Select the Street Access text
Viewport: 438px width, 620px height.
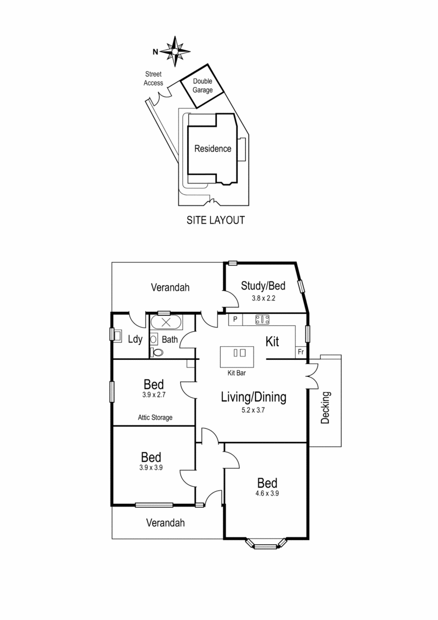153,79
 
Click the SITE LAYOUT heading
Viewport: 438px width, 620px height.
215,221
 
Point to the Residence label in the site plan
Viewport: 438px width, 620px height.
213,148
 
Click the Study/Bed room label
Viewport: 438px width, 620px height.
263,285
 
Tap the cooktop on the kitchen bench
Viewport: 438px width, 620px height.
263,319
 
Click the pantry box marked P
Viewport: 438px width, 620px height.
235,319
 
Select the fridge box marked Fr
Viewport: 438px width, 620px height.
301,352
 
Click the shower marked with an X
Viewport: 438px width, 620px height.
164,322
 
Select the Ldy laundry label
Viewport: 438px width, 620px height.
135,340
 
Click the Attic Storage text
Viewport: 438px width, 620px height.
155,417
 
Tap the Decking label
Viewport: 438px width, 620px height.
327,407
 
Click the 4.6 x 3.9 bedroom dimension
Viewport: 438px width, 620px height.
268,493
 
